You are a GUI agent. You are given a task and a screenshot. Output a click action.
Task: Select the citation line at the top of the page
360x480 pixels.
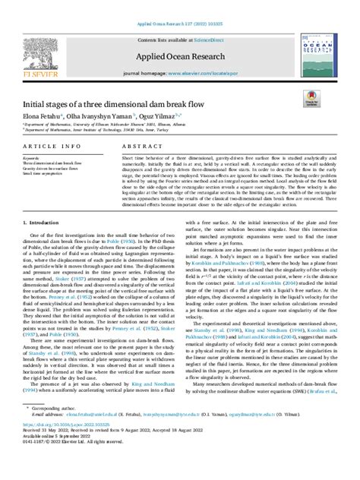click(179, 5)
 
